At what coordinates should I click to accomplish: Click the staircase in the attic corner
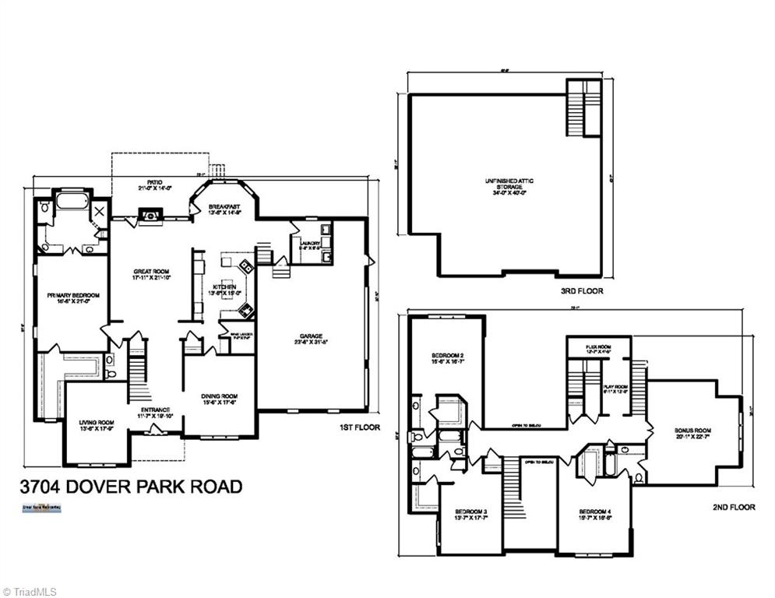[583, 109]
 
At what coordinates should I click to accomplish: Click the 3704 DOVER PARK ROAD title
[130, 487]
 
